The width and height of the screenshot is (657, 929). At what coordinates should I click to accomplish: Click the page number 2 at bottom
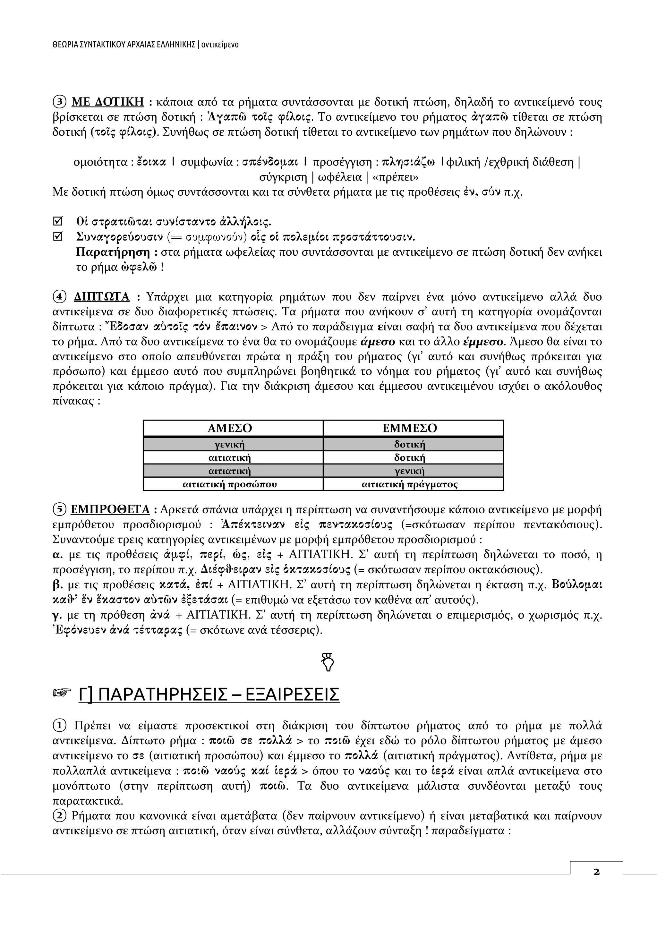(x=596, y=883)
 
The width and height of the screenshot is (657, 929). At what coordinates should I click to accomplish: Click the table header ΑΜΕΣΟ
(x=229, y=428)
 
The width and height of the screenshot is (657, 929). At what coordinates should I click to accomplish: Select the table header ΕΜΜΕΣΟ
(x=409, y=428)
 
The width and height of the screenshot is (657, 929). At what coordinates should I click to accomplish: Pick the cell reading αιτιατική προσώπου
(x=229, y=484)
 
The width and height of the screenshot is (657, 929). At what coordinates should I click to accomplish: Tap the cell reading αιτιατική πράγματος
(x=409, y=484)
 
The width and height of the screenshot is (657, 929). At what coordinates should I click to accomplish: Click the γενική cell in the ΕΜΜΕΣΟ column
(x=409, y=471)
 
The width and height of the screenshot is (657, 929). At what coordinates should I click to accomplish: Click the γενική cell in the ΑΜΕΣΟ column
(x=229, y=445)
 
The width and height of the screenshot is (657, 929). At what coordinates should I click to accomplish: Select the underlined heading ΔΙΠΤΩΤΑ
(x=102, y=297)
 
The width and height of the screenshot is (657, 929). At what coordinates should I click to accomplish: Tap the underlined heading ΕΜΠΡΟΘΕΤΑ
(x=110, y=509)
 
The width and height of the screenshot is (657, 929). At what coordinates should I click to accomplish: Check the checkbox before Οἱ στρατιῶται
(x=58, y=221)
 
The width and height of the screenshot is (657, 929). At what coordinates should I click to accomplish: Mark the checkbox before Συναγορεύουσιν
(x=58, y=236)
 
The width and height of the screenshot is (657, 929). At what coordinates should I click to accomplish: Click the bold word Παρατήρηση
(x=113, y=252)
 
